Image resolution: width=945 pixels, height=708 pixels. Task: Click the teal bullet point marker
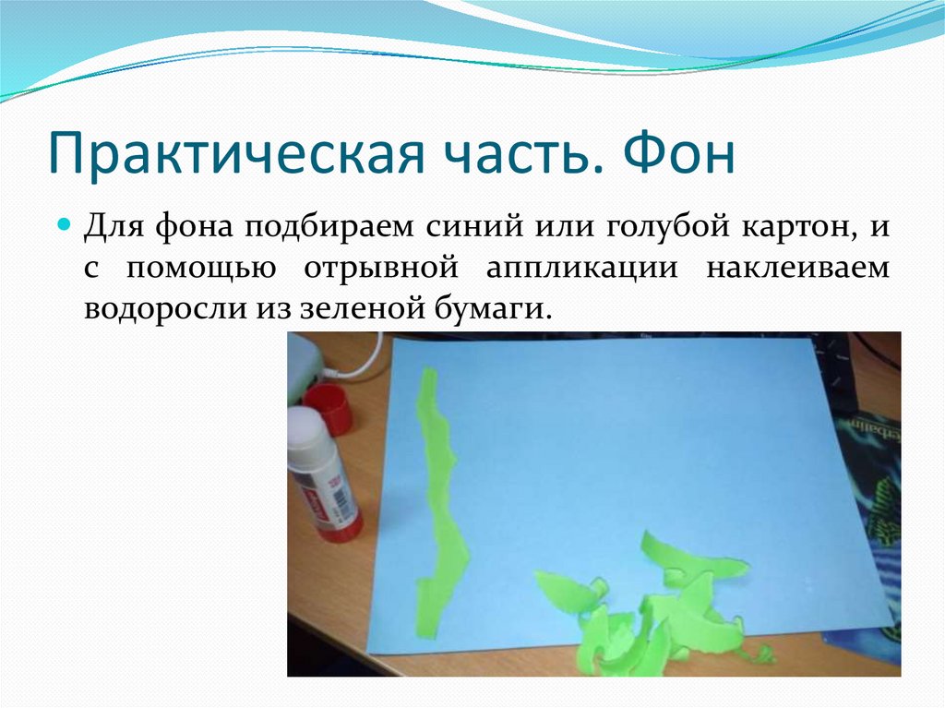pyautogui.click(x=65, y=226)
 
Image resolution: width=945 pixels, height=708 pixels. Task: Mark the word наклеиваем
pyautogui.click(x=799, y=269)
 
